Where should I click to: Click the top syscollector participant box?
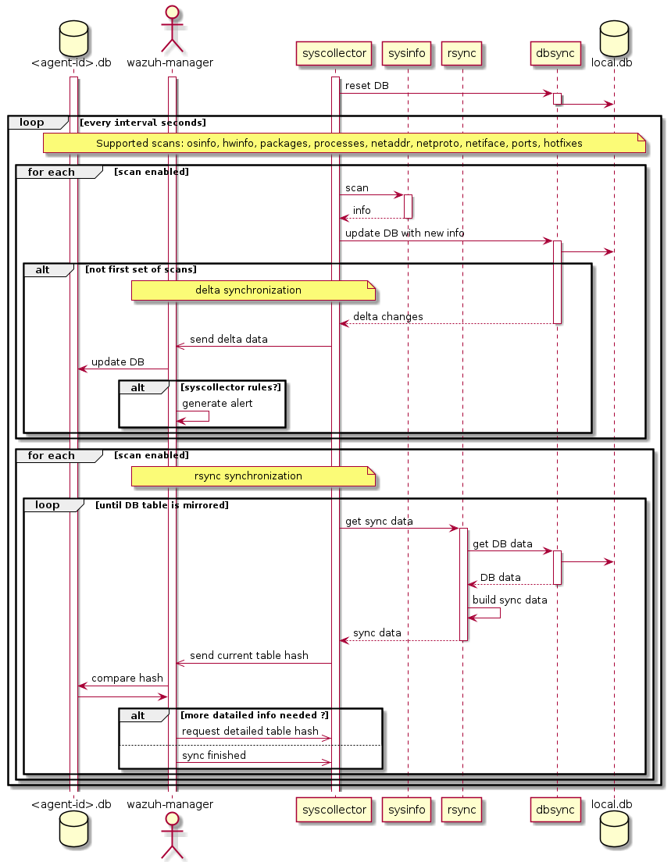[x=334, y=54]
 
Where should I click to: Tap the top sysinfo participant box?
[x=407, y=54]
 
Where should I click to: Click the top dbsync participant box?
[x=557, y=54]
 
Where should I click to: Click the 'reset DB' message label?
[x=366, y=85]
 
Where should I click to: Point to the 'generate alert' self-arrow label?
[x=217, y=403]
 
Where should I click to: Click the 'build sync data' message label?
[x=509, y=600]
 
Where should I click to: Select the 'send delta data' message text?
[x=228, y=339]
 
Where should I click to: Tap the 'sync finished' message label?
[x=213, y=755]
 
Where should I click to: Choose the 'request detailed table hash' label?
[x=250, y=731]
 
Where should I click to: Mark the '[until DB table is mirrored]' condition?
[x=162, y=505]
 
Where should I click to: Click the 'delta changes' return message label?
[x=387, y=316]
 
